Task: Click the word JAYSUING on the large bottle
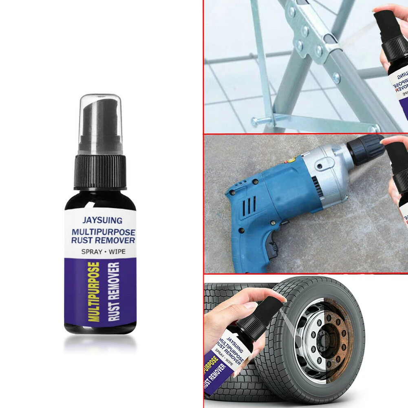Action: click(102, 221)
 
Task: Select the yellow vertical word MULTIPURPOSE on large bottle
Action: click(95, 292)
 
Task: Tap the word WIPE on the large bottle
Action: click(117, 251)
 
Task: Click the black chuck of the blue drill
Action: click(365, 150)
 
